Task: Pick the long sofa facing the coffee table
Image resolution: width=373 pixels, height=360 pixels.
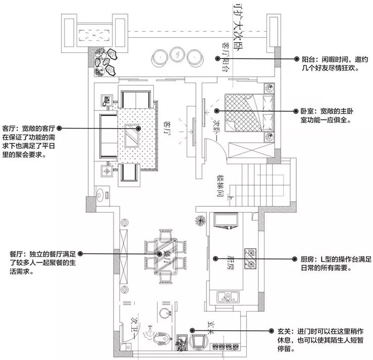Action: point(107,134)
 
